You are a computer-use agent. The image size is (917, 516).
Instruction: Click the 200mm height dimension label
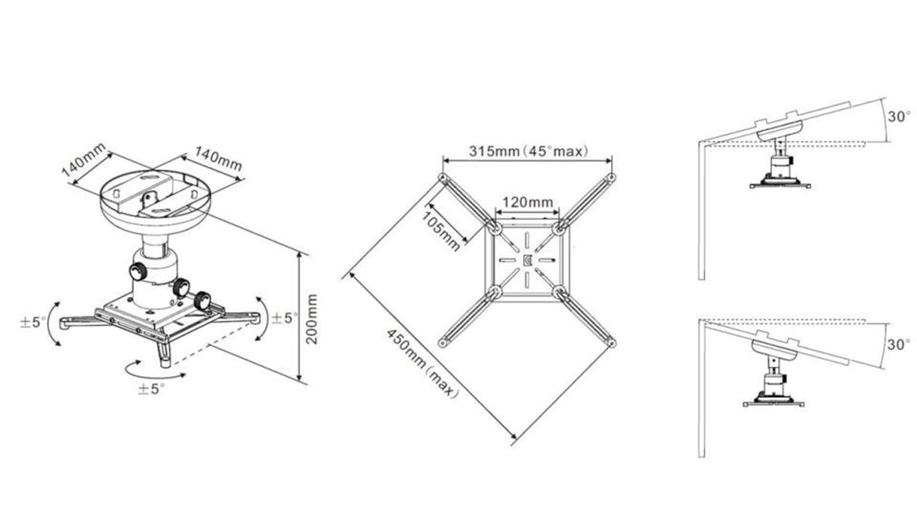pos(311,319)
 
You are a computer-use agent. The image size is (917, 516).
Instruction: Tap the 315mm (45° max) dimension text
pos(528,151)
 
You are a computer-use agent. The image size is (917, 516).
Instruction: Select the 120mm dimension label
pos(527,202)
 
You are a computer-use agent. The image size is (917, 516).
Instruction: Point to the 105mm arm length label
pos(440,231)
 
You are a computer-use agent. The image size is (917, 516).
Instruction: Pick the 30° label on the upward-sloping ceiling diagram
pos(899,117)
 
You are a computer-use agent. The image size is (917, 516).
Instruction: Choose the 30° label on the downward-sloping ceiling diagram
pos(899,344)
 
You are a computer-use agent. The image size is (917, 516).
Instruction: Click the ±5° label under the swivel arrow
pos(151,388)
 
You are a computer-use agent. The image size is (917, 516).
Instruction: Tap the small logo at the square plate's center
pos(527,261)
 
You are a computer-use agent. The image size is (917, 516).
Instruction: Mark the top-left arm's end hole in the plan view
pos(443,179)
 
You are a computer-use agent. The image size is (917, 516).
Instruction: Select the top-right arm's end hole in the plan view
pos(611,178)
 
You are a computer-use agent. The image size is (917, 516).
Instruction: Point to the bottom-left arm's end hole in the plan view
pos(442,343)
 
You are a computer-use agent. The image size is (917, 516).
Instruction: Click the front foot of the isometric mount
pos(165,357)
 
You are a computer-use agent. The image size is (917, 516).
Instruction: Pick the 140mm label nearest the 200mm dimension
pos(218,159)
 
